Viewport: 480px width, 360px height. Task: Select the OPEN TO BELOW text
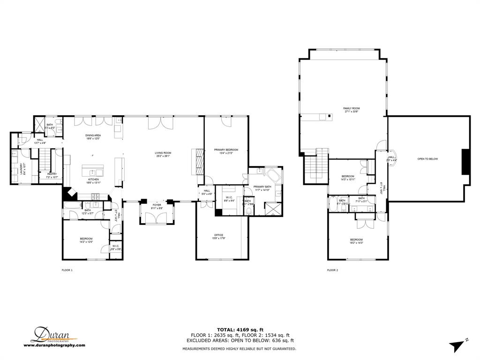427,159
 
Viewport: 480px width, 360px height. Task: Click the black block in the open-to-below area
465,162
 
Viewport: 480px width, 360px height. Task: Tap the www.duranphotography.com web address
54,345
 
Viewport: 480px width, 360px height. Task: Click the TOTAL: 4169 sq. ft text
240,329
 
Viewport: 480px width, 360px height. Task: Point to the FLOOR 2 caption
332,270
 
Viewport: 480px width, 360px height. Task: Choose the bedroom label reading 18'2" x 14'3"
356,241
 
